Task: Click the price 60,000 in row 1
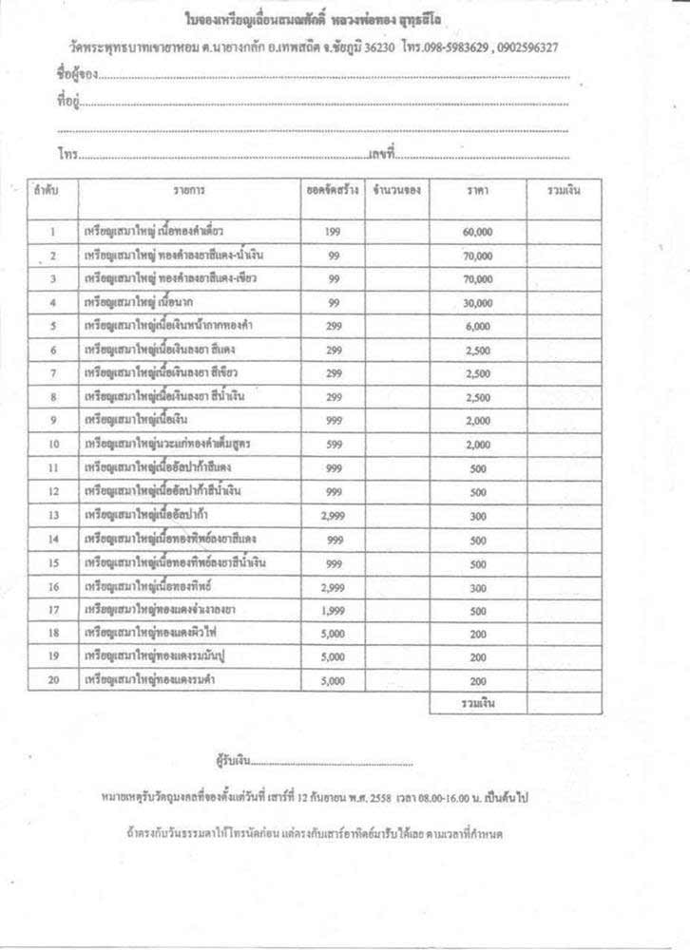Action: tap(478, 232)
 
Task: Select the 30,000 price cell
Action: tap(478, 303)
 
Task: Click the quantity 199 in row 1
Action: tap(333, 232)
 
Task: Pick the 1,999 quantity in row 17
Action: tap(333, 610)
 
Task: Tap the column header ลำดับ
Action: tap(47, 190)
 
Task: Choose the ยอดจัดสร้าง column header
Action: tap(332, 190)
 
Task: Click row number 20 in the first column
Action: tap(53, 681)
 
